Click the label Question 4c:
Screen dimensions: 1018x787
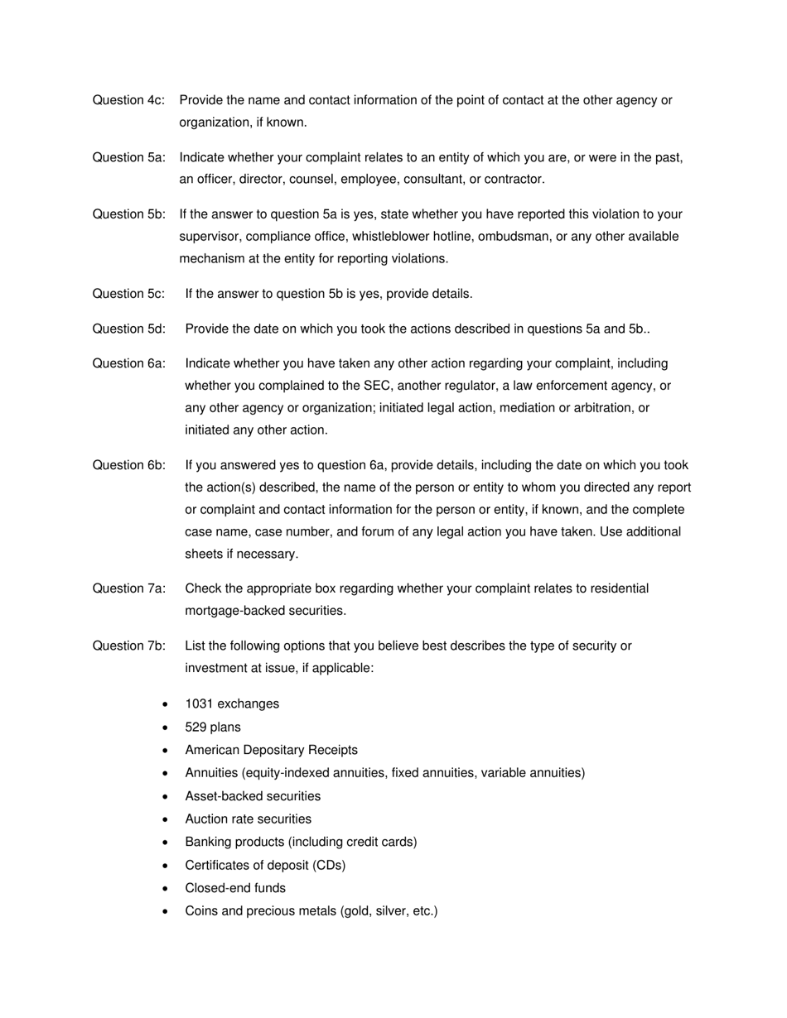[128, 100]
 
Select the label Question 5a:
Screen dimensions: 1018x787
[128, 157]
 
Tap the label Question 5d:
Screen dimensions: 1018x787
[128, 329]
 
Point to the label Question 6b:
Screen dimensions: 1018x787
[128, 465]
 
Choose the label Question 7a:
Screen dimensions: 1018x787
[128, 588]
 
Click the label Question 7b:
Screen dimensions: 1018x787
[128, 646]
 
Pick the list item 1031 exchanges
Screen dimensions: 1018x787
[232, 704]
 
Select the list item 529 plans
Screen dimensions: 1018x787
[213, 727]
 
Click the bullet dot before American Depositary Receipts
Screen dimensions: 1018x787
[167, 751]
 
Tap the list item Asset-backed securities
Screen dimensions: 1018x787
[253, 796]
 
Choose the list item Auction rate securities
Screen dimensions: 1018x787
[249, 819]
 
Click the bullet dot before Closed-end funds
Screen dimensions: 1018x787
[167, 889]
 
